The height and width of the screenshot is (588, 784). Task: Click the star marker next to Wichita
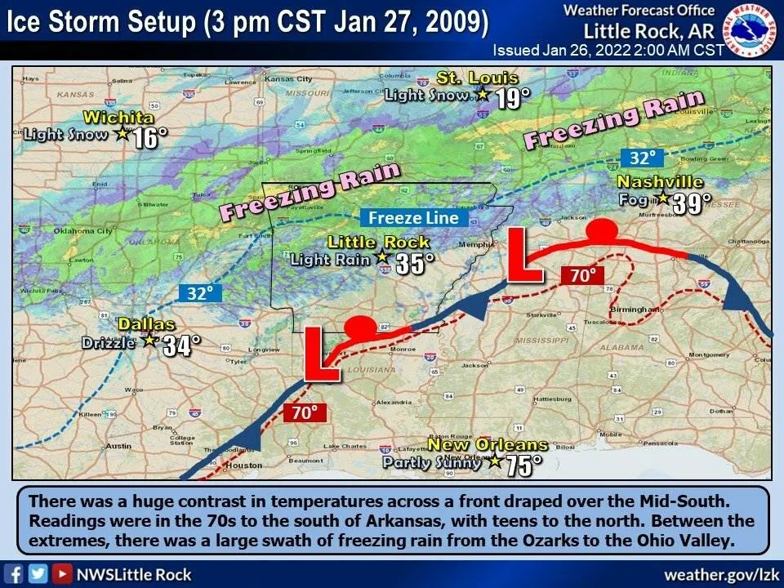[122, 133]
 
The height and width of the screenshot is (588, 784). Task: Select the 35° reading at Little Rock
[415, 263]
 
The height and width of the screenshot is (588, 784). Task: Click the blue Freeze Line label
[414, 218]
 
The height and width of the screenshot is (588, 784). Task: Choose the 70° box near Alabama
[582, 276]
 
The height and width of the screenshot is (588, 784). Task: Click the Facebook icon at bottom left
[14, 574]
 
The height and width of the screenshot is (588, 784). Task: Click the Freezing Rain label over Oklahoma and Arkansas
[310, 190]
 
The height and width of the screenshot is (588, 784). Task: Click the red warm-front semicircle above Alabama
[603, 230]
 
